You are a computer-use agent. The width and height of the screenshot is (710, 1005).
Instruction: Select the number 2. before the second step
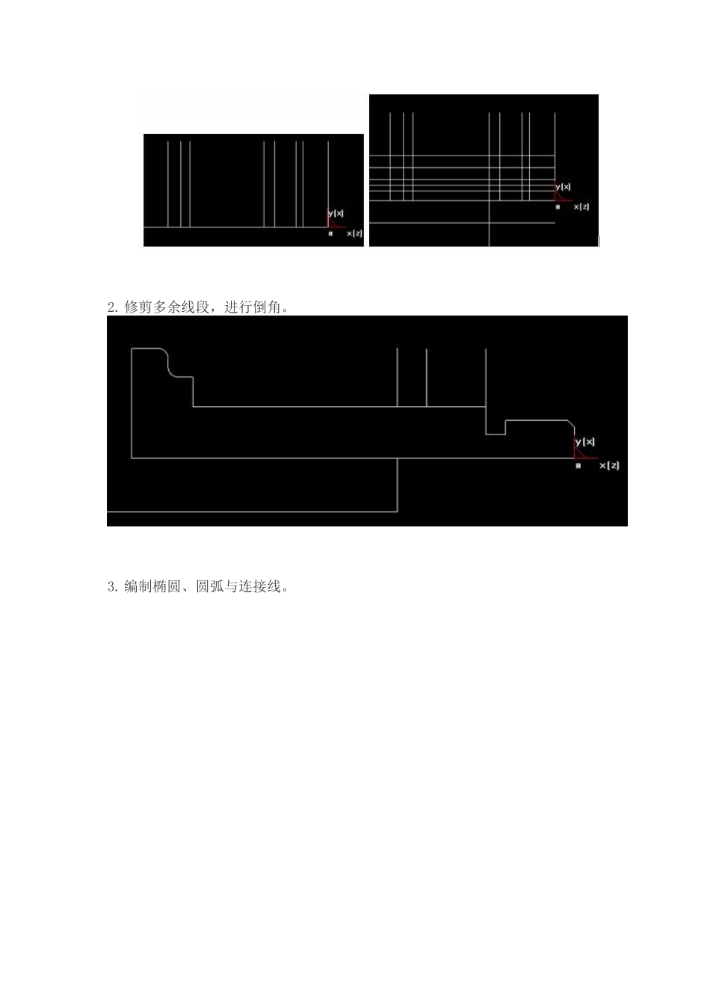tap(113, 307)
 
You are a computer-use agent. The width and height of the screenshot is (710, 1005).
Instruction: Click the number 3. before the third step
tap(113, 587)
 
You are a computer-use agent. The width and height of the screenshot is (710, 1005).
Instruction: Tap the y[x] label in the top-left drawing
tap(336, 213)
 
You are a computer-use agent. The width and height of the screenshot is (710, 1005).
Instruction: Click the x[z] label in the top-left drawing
tap(354, 233)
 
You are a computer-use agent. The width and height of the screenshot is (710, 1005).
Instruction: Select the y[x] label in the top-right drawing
tap(563, 186)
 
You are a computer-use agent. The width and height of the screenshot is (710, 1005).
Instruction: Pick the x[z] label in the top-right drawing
tap(581, 206)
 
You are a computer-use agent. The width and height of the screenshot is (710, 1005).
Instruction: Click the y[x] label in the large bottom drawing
tap(585, 442)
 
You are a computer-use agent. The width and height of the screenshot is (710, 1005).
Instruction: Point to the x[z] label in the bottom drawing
tap(609, 465)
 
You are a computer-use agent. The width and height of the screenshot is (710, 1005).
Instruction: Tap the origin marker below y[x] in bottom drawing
tap(578, 466)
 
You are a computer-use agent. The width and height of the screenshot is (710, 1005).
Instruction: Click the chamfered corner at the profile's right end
tap(572, 425)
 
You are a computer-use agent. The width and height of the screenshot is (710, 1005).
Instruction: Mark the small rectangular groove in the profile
tap(496, 428)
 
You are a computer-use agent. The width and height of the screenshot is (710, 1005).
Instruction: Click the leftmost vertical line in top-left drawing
tap(168, 184)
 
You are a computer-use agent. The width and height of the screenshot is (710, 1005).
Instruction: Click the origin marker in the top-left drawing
tap(330, 234)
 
